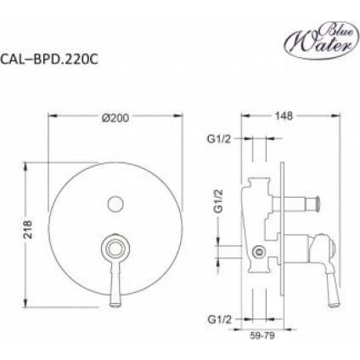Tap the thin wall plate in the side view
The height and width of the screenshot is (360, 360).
(282, 232)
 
